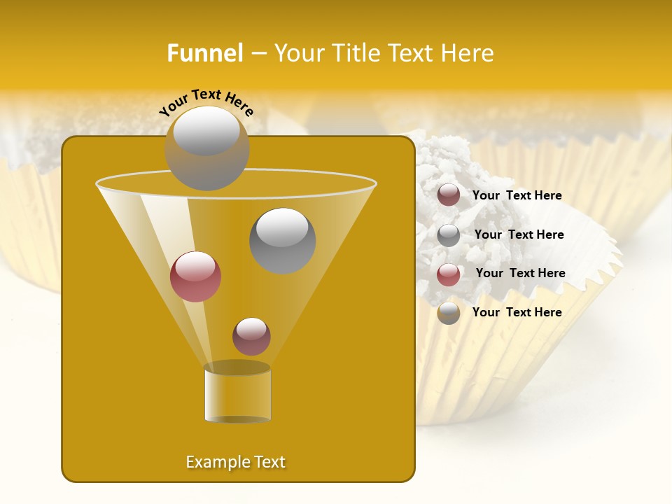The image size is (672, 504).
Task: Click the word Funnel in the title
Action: (x=205, y=53)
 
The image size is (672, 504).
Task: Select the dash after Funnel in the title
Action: (x=258, y=54)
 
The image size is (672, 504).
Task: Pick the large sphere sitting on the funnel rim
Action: (x=206, y=148)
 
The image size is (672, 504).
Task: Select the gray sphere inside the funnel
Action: (x=282, y=240)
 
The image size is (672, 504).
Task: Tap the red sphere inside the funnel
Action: (x=195, y=276)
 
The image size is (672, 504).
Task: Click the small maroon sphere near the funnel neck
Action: (x=251, y=336)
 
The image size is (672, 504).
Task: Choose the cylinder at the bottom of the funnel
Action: (x=237, y=393)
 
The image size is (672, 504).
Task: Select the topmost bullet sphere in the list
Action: (x=449, y=195)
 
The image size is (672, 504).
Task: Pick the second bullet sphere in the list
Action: (x=449, y=235)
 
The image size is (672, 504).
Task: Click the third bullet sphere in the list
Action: (x=449, y=274)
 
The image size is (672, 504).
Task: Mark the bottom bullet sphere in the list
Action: (x=449, y=313)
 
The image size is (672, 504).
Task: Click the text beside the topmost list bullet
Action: (x=517, y=196)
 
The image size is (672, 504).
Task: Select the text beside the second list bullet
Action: (x=519, y=234)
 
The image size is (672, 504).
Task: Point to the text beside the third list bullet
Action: (x=520, y=273)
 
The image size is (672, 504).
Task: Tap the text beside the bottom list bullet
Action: (x=517, y=312)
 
